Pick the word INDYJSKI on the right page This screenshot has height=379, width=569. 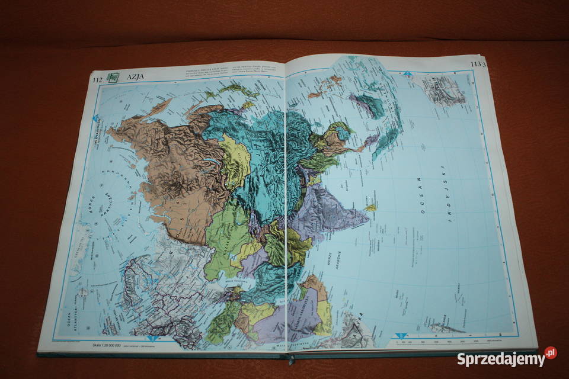click(453, 195)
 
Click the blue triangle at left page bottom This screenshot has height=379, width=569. click(152, 338)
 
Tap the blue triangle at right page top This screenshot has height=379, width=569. click(408, 74)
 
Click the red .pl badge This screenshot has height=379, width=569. click(551, 353)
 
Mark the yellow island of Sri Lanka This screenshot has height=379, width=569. click(370, 207)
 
